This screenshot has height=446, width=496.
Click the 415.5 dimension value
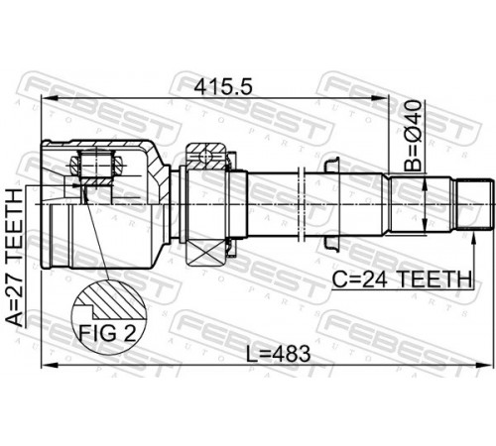tap(223, 87)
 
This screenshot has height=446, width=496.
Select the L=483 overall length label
tap(279, 354)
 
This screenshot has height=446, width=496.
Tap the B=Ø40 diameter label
tap(414, 136)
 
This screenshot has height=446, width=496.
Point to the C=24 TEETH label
tap(402, 279)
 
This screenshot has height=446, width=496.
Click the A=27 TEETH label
tap(16, 257)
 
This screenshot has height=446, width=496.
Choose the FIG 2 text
tap(107, 333)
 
